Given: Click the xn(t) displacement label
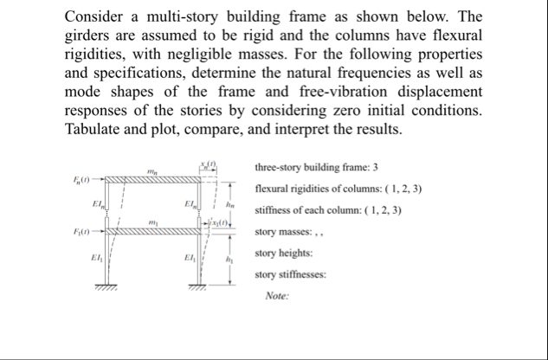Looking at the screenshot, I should [x=208, y=164].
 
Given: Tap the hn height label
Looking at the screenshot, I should [x=230, y=204].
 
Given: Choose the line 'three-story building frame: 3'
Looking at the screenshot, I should [x=318, y=167].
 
